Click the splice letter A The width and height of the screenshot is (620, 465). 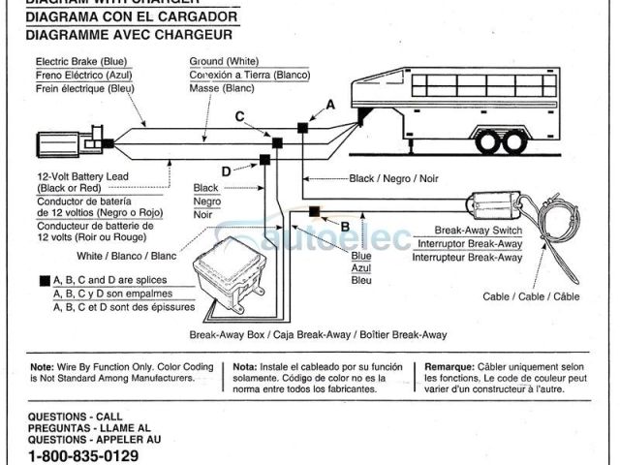tap(330, 104)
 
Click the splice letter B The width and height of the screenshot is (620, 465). tap(346, 227)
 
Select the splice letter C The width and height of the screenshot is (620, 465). tap(240, 117)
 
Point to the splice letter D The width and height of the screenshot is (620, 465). tap(226, 171)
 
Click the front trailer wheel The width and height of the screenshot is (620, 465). tap(487, 141)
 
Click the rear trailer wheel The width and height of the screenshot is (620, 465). tap(514, 141)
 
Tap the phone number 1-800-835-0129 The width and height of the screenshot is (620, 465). tap(83, 455)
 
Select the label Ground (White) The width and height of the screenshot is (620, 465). tap(223, 62)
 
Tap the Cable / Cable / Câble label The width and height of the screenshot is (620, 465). tap(531, 297)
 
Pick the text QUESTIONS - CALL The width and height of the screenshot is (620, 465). tap(76, 415)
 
